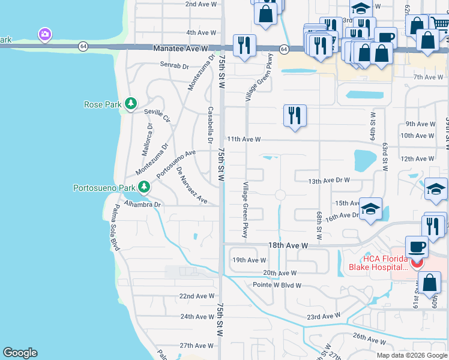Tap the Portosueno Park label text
point(104,188)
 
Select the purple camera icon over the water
point(44,34)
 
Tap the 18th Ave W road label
point(288,245)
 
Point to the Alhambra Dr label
point(149,205)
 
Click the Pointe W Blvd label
point(277,285)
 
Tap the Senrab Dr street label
point(173,65)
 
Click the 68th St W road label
point(319,223)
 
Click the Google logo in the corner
point(20,353)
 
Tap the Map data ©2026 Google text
point(412,355)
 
